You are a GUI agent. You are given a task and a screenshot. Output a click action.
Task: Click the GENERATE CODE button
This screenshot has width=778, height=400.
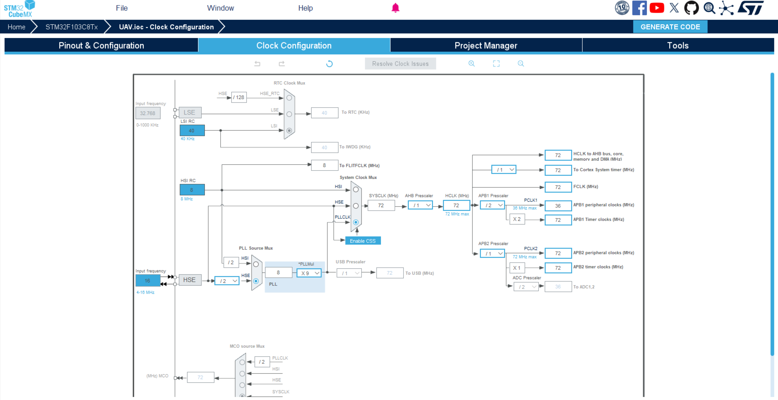(670, 27)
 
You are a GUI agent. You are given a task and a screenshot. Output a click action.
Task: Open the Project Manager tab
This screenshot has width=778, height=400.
(486, 45)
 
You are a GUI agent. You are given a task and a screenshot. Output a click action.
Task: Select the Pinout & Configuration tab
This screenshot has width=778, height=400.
(101, 45)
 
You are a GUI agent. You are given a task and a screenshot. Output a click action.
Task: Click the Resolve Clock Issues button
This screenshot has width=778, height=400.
(400, 64)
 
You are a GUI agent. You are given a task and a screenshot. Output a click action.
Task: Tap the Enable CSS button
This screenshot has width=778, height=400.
(363, 241)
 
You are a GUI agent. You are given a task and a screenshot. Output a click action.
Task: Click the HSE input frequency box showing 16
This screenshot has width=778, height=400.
(148, 281)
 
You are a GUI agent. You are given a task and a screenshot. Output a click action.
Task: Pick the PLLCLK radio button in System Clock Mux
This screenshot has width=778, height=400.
(356, 222)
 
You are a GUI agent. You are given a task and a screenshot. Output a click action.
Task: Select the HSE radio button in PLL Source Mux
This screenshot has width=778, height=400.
(256, 281)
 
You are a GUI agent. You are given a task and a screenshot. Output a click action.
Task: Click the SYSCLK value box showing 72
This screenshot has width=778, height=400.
(381, 205)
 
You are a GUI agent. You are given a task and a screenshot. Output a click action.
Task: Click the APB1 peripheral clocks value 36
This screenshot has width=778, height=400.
(558, 206)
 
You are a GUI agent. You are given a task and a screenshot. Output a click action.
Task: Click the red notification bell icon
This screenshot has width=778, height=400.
(395, 8)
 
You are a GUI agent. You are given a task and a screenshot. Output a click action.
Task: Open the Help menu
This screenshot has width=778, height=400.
(305, 8)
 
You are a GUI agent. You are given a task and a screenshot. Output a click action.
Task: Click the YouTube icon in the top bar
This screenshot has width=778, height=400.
(657, 8)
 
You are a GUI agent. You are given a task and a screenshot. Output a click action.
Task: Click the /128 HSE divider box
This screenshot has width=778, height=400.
(239, 97)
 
